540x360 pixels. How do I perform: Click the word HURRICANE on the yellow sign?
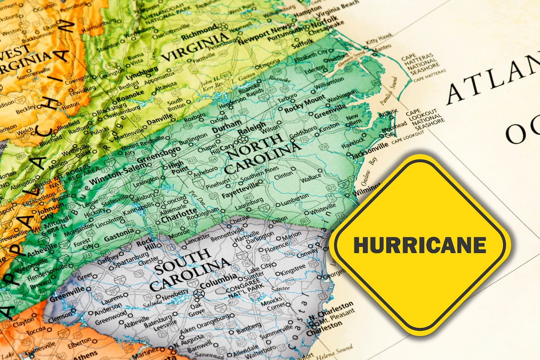coord(420,245)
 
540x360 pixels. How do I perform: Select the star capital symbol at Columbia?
coord(198,293)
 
